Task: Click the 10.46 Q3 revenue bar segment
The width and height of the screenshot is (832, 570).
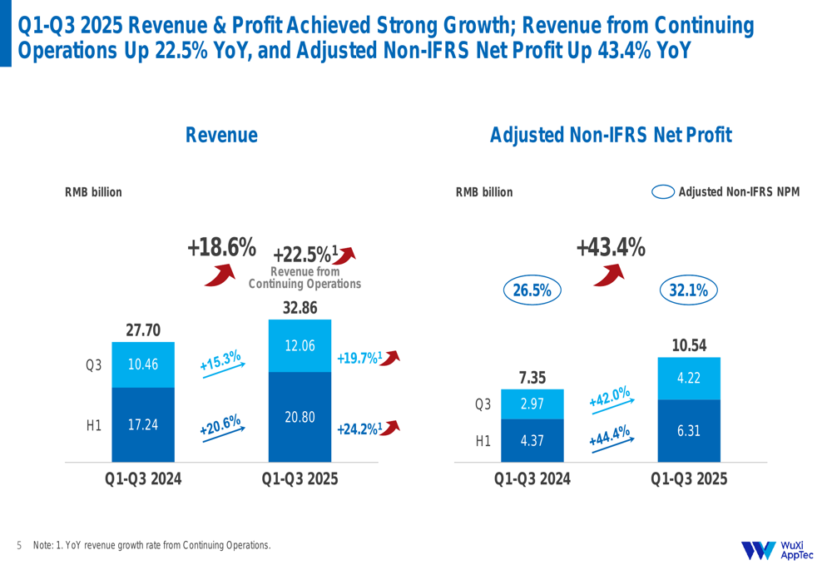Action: pos(143,364)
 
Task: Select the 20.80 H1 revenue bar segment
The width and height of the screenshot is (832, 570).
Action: pos(300,417)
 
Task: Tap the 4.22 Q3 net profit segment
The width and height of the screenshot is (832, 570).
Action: pos(688,379)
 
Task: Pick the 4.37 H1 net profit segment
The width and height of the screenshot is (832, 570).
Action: pos(532,441)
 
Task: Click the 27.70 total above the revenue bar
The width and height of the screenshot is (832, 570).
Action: pos(143,330)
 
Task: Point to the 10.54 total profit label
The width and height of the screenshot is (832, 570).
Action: pos(689,345)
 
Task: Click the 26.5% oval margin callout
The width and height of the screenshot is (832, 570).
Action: pos(532,290)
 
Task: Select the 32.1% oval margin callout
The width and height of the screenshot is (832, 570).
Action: pos(689,290)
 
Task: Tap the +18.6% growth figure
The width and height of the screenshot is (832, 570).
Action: pos(221,247)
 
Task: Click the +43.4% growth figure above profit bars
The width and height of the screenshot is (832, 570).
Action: pos(611,247)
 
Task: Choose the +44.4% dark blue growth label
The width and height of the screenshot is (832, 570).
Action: pos(610,434)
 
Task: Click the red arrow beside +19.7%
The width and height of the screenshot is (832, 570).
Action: pos(390,357)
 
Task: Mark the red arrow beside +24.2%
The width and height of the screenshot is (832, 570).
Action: pos(390,428)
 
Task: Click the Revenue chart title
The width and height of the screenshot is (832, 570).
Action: pos(221,135)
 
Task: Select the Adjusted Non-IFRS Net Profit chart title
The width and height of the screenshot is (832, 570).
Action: pos(611,135)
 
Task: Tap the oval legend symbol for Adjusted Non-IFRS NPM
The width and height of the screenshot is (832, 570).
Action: pos(663,192)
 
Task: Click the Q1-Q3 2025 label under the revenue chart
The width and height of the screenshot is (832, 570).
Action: pos(300,479)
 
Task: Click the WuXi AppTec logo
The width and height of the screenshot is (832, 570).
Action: pos(777,550)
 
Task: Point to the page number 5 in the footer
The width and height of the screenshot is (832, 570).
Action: pos(19,546)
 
